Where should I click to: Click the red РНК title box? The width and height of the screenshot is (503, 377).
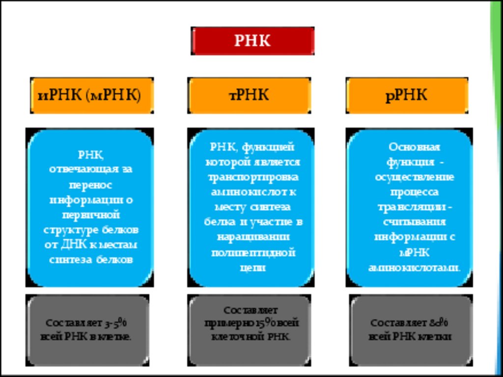(252, 41)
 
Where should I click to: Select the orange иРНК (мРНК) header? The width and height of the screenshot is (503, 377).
(91, 95)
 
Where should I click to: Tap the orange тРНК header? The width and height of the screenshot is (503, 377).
(250, 95)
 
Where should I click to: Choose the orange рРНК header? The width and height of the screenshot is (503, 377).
(407, 95)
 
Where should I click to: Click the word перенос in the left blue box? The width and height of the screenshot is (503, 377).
(91, 185)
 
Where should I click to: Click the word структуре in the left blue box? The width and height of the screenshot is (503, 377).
(72, 230)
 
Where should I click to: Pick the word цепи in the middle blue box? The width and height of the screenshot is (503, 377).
(252, 267)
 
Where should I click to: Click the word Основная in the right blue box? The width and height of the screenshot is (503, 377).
(415, 146)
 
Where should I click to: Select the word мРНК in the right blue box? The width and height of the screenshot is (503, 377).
(415, 253)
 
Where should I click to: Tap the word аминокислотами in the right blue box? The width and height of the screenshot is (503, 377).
(415, 268)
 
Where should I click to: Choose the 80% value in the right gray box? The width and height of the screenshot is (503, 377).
(438, 323)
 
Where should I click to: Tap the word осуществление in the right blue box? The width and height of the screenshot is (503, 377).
(415, 177)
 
